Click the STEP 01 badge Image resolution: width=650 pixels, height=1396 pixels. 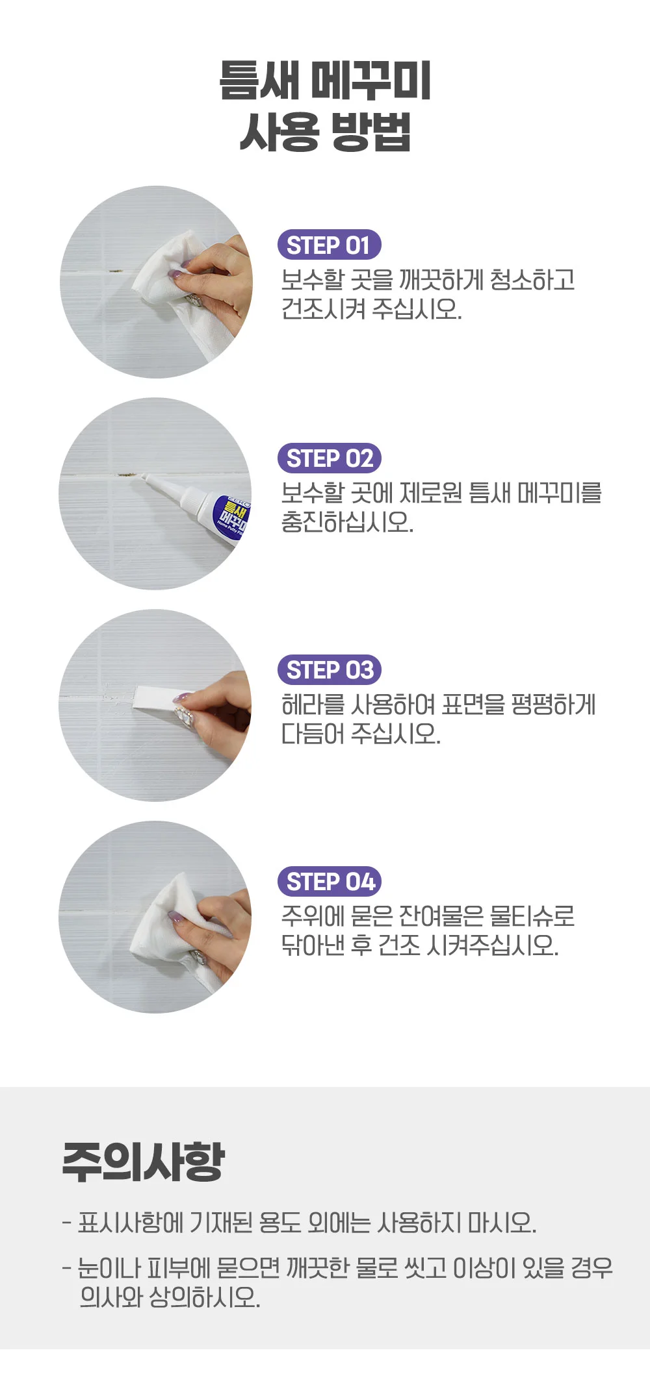(329, 245)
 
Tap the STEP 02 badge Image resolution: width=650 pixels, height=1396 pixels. (329, 458)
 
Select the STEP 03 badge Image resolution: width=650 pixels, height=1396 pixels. (329, 670)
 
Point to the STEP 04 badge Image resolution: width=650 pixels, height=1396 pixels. (329, 882)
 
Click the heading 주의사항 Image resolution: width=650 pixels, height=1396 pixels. (144, 1162)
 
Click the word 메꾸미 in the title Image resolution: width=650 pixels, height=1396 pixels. (370, 81)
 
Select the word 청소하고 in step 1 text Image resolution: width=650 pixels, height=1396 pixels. (532, 280)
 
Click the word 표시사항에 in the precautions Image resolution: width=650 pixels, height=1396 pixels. (131, 1223)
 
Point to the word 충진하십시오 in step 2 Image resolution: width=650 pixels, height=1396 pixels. (347, 521)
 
